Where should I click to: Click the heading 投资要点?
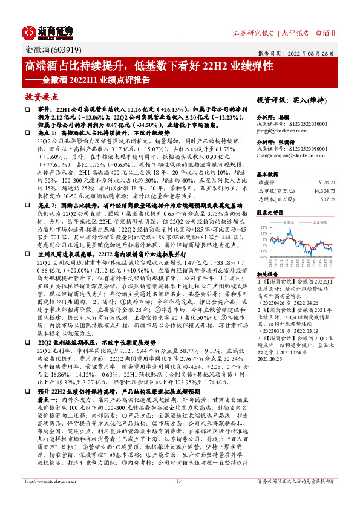(x=41, y=96)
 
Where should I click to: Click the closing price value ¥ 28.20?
(x=326, y=180)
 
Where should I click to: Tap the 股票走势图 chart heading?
(x=269, y=213)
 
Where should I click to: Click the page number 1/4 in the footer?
(x=179, y=498)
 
